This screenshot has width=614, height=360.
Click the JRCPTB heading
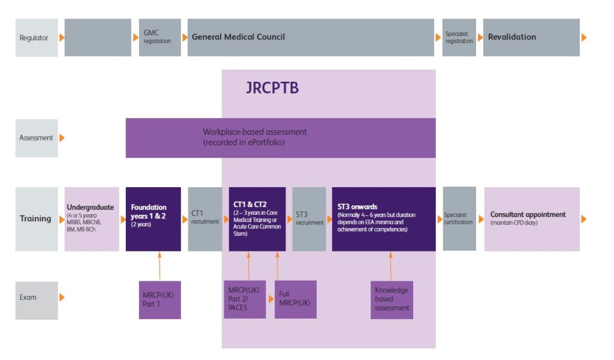(272, 88)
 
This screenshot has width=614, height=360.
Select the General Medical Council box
(311, 37)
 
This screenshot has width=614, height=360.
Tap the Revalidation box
(531, 37)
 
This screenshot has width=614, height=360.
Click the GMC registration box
(159, 37)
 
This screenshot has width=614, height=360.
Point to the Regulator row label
(37, 37)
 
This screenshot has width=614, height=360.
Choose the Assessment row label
(37, 138)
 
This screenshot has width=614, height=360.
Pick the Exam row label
(37, 298)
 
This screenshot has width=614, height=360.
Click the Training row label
(37, 219)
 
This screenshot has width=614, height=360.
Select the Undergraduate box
(92, 219)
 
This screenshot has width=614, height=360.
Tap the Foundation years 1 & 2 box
(153, 219)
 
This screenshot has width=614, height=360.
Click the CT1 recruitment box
(205, 219)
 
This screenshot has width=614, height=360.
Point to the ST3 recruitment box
(309, 219)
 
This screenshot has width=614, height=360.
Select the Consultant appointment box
(532, 219)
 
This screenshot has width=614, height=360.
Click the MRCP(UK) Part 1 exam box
(159, 299)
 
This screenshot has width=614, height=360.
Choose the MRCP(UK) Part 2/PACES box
(245, 299)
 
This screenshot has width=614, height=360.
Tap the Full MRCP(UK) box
(296, 299)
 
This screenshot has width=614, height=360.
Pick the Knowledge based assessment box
(392, 299)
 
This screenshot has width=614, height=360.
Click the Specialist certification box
(459, 219)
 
